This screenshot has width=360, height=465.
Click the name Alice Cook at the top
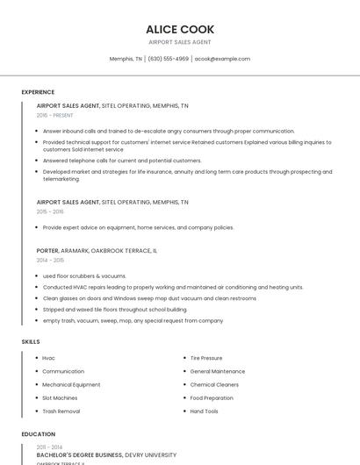point(180,29)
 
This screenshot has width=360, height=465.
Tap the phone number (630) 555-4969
point(168,59)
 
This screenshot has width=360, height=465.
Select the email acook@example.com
point(222,59)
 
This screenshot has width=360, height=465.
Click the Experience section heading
point(38,92)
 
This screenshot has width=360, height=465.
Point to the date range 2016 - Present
point(55,115)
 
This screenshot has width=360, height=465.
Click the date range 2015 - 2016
point(50,211)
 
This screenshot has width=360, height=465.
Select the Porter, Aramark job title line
point(97,250)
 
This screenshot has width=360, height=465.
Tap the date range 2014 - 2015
point(50,260)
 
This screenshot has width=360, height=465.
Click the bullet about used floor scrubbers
point(84,275)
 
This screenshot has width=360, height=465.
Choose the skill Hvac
point(48,358)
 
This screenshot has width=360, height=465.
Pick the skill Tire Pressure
point(205,358)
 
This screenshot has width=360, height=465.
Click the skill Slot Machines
point(60,397)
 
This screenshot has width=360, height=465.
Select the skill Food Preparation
point(212,397)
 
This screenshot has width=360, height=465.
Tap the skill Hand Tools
point(204,411)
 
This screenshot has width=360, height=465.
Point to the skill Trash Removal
point(61,411)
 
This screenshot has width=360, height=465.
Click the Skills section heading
point(31,340)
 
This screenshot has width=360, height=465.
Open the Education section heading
point(38,434)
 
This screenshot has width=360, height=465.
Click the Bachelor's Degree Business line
point(106,455)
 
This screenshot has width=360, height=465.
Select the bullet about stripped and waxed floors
point(114,309)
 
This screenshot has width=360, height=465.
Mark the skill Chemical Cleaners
point(214,384)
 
